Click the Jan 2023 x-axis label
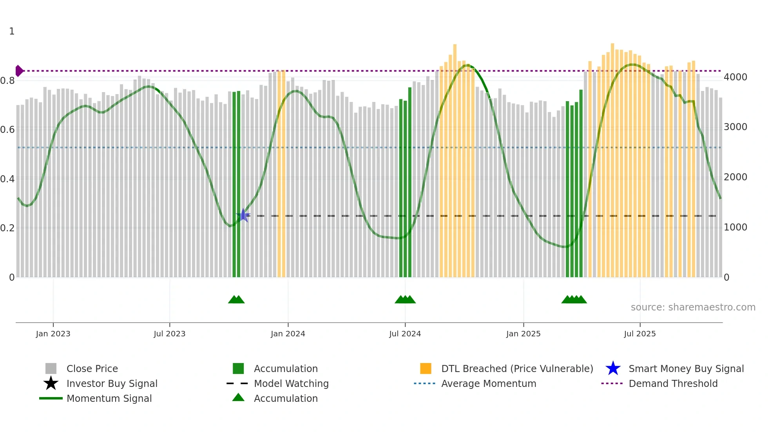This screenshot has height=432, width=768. pos(53,334)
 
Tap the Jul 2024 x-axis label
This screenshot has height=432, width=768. pos(405,334)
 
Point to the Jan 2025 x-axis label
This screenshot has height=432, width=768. pos(523,334)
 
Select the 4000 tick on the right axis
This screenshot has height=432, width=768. pos(735,77)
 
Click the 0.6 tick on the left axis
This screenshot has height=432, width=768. pos(7,130)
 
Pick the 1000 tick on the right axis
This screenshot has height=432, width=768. pos(735,227)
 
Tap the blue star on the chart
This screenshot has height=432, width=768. pos(243,215)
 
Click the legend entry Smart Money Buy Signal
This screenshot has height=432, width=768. pos(686,368)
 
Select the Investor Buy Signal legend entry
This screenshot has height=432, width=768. pos(112,383)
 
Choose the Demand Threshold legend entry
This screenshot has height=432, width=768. pos(673,383)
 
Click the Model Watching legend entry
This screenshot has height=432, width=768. pos(291,383)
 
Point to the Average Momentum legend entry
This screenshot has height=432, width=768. pos(488,383)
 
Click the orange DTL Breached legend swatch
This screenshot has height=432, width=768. pos(426,368)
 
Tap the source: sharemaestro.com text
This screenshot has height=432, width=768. pos(693,307)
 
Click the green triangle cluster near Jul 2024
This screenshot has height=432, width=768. pos(405,299)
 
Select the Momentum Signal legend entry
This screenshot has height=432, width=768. pos(109,398)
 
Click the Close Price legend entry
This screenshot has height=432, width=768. pos(92,368)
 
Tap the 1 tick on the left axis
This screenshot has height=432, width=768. pos(12,31)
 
